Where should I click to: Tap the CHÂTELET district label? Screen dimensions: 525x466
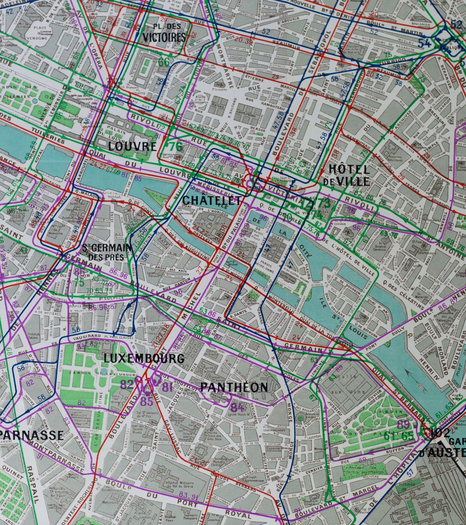(x=212, y=201)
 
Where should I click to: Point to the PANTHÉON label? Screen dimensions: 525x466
(x=234, y=387)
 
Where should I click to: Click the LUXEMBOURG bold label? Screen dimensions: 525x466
(x=144, y=358)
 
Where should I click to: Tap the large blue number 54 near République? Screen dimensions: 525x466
(x=424, y=43)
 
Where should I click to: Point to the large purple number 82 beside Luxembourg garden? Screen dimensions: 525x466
(x=126, y=385)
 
